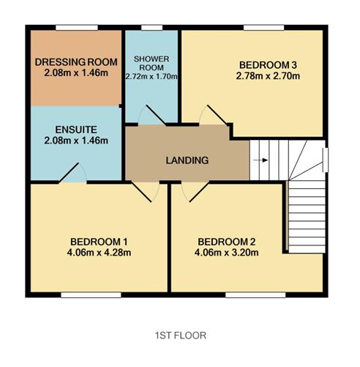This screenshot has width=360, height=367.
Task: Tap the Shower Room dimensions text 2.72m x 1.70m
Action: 152,75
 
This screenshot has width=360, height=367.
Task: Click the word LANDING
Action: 187,160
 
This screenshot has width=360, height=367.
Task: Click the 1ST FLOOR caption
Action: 180,335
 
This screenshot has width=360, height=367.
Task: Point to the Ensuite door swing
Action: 73,172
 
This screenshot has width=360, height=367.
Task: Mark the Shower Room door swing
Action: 152,115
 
